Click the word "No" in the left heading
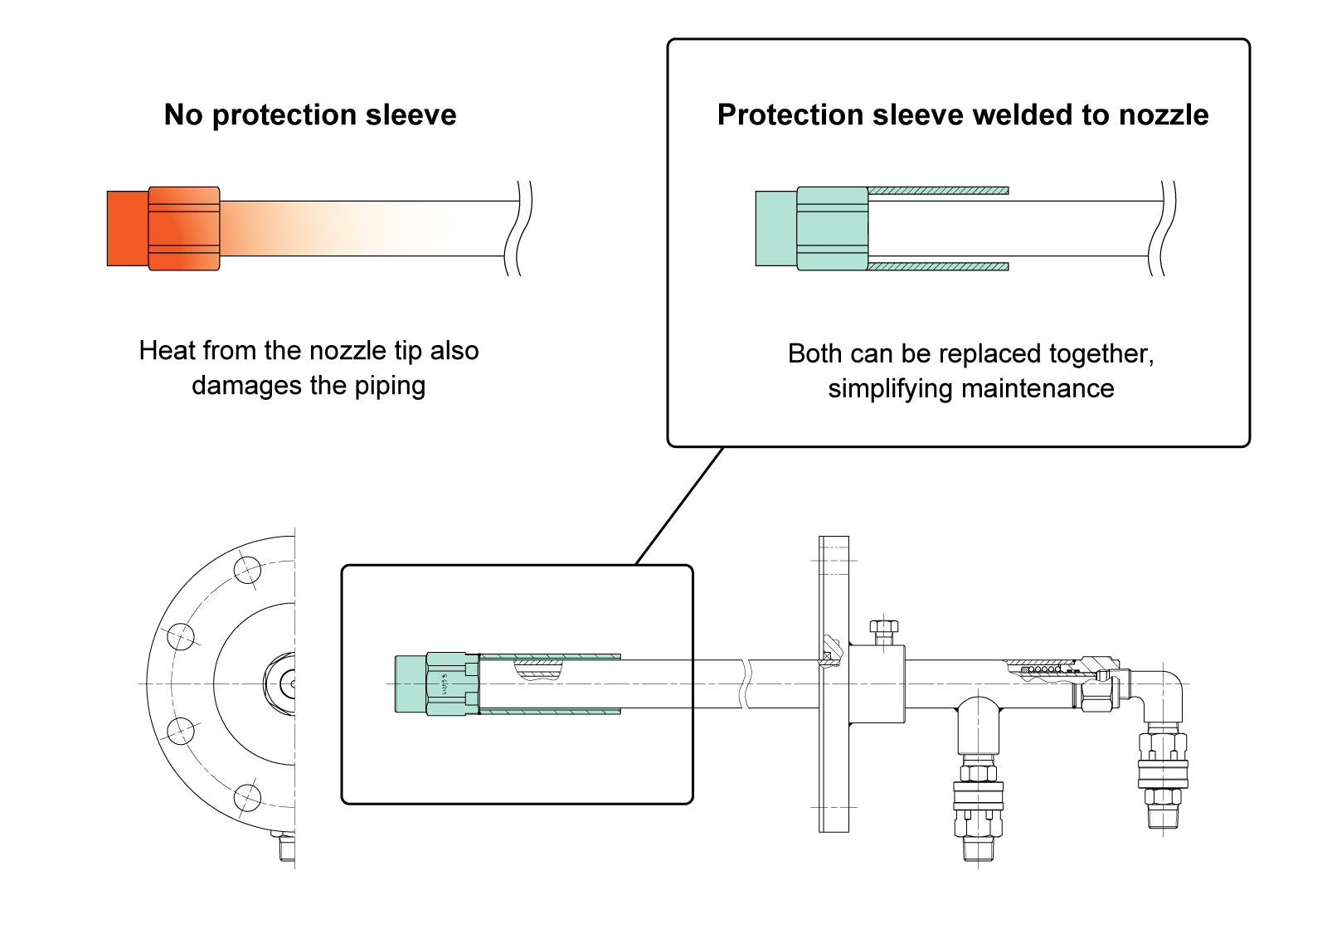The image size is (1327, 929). coord(183,114)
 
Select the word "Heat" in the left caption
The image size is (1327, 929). coord(167,350)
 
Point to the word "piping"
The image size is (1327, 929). coord(390,387)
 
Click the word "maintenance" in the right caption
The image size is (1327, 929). coord(1038,389)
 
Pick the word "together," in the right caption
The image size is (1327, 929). coord(1101,354)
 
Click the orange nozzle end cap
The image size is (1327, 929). coord(128,228)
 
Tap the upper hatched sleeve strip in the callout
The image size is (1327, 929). coord(938,191)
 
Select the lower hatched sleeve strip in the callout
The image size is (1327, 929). coord(938,266)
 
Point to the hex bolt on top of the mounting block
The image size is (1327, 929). coord(884,631)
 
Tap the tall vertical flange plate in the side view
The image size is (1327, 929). coord(834,684)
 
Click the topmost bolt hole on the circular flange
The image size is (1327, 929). coord(247,570)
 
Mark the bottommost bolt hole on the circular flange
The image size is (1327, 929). coord(247,797)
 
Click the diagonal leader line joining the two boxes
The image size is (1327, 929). coord(679,506)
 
